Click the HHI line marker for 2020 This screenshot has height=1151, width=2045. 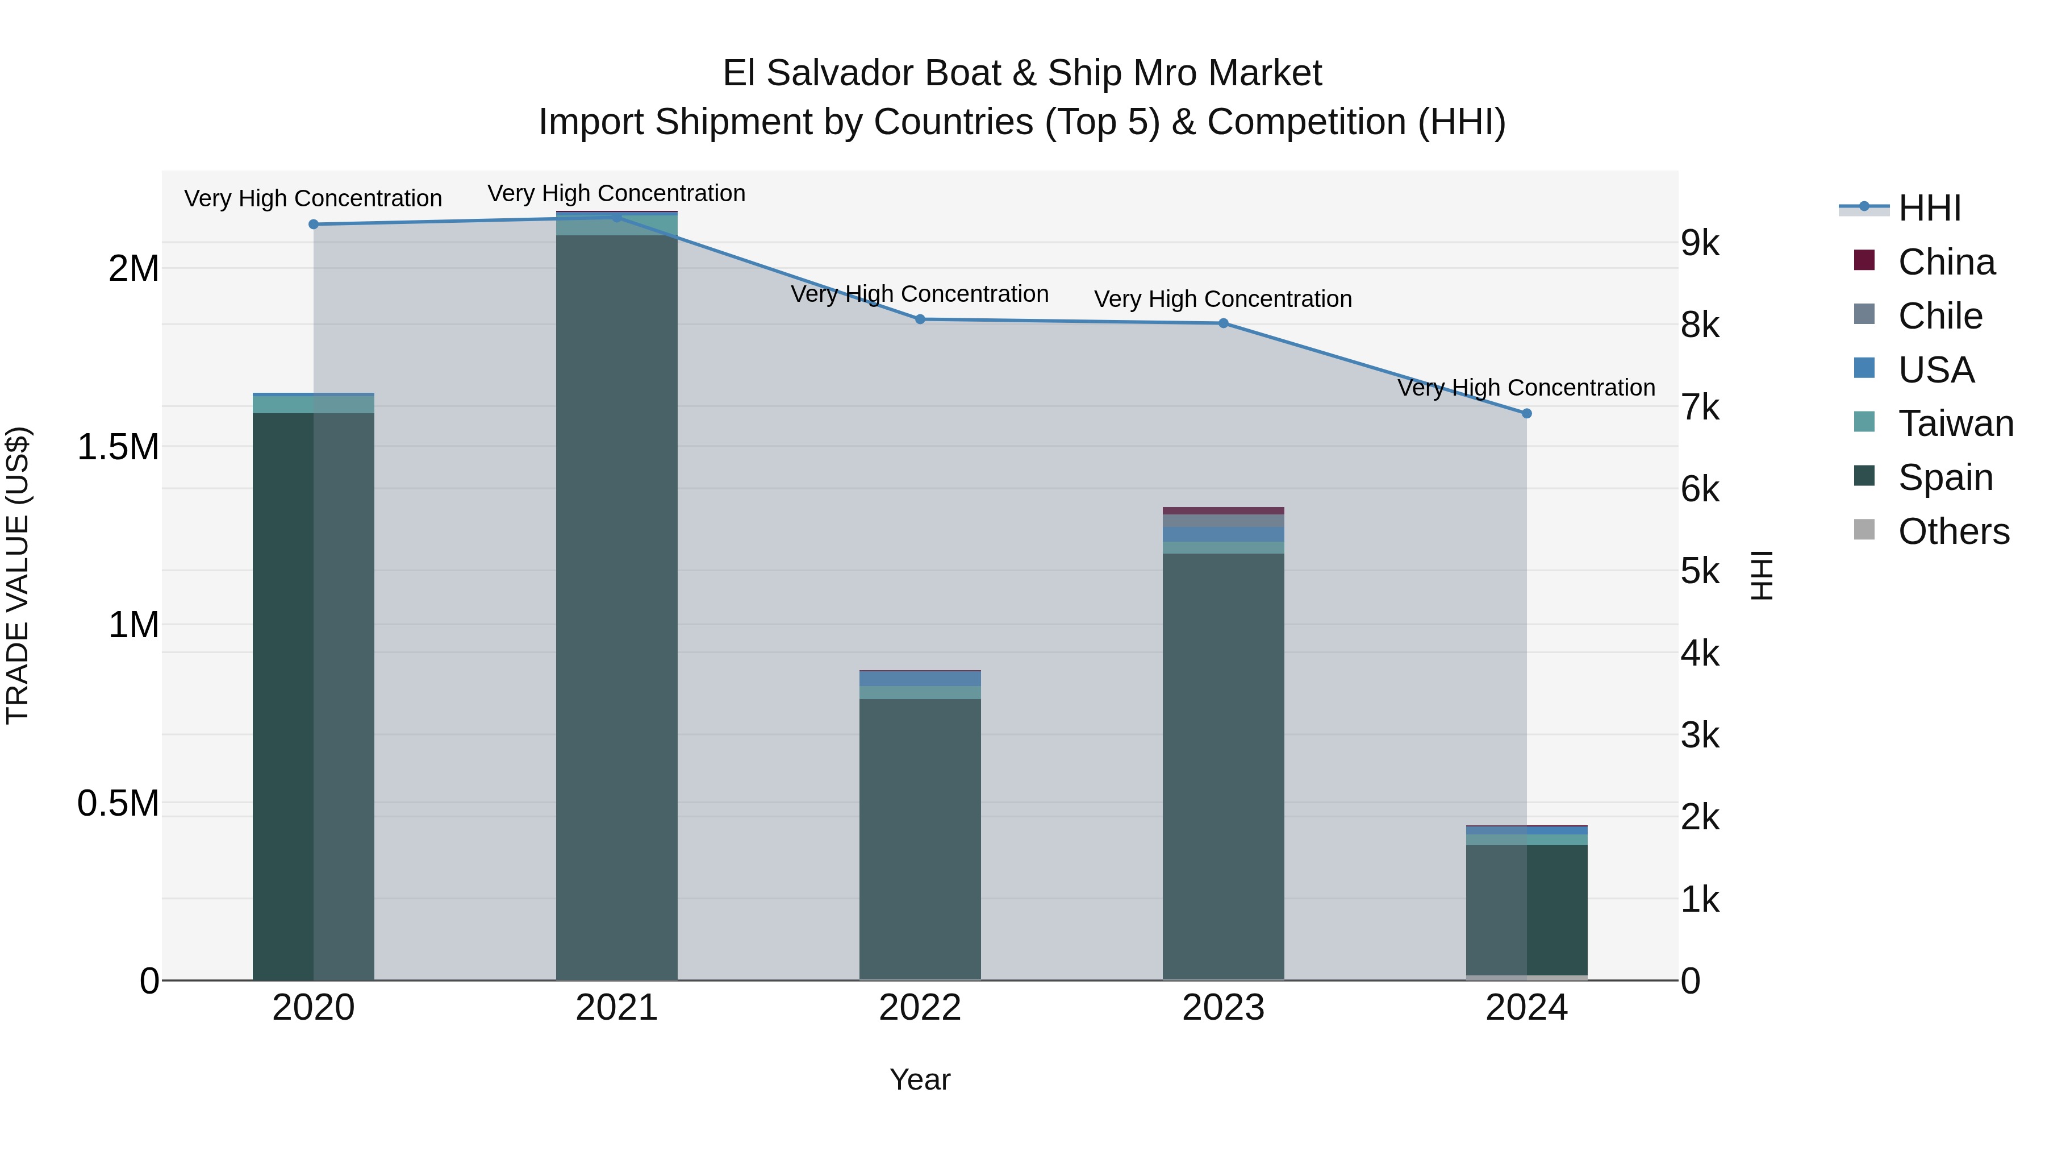[x=314, y=224]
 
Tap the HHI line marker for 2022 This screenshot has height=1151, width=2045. [x=920, y=319]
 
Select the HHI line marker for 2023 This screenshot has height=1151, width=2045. [x=1224, y=323]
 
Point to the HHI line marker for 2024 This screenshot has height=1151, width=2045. [x=1526, y=413]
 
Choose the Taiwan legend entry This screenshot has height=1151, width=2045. [x=1955, y=423]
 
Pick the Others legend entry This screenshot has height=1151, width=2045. [x=1953, y=531]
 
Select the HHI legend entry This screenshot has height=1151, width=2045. [x=1929, y=208]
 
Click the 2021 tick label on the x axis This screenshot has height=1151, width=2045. [x=617, y=1008]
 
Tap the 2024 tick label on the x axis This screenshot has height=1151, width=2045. [x=1526, y=1008]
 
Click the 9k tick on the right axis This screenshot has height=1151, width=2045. [x=1700, y=243]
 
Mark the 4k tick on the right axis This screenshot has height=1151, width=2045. [x=1700, y=654]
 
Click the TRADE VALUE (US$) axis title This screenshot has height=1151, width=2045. [x=18, y=575]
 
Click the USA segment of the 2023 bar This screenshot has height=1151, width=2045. [x=1224, y=534]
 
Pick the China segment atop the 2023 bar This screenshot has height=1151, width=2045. [x=1224, y=511]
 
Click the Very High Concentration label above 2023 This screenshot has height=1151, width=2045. [x=1222, y=300]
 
